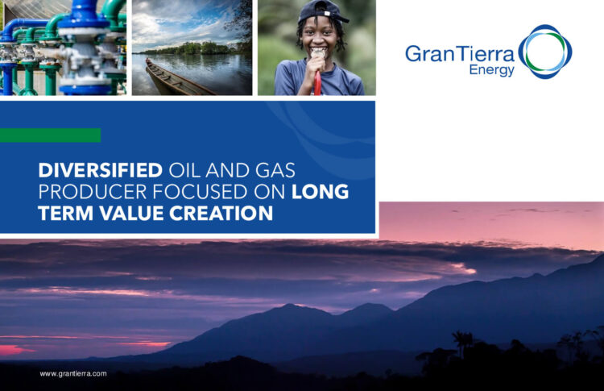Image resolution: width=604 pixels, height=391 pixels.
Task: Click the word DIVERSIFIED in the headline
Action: tap(100, 170)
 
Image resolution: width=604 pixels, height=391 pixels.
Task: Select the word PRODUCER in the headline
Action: tap(93, 192)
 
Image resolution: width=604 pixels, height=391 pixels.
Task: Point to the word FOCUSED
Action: tap(201, 192)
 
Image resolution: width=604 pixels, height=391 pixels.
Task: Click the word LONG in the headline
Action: tap(320, 192)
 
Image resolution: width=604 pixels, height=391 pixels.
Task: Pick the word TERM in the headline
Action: tap(66, 214)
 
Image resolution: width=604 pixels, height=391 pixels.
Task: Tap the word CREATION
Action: tap(221, 214)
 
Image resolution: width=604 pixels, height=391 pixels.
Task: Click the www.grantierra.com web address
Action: tap(73, 373)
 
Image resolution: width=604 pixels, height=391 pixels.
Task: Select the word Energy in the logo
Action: tap(491, 71)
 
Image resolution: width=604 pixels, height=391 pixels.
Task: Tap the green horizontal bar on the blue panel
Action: tap(50, 135)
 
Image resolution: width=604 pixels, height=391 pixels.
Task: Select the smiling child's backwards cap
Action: tap(321, 11)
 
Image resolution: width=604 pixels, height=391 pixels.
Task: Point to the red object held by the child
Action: tap(317, 84)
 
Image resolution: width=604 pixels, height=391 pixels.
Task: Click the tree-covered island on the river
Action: tap(192, 48)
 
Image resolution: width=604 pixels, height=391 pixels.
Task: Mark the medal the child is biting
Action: tap(318, 54)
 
